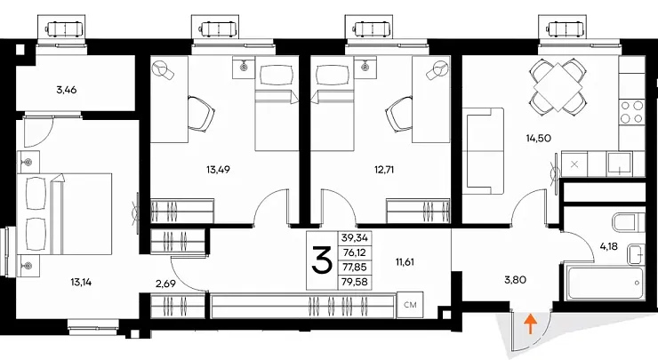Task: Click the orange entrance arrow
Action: point(531,324)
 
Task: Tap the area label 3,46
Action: point(67,90)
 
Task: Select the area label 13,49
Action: point(218,170)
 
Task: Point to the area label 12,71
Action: point(384,170)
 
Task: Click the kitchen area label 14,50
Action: point(538,138)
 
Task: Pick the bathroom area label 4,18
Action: point(608,246)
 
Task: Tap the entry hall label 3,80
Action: point(515,279)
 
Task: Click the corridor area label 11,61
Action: point(405,262)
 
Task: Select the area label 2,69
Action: point(165,284)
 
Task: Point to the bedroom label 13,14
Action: point(81,283)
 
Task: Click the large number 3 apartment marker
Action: point(322,260)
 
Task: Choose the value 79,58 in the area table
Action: point(354,282)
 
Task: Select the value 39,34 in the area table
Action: point(354,238)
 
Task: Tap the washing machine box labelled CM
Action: point(410,305)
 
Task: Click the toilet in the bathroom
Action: point(628,222)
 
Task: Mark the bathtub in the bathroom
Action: point(605,282)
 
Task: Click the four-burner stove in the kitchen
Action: point(632,112)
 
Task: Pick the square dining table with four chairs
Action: point(558,87)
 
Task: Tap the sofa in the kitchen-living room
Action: point(483,151)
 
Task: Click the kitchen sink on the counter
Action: point(620,164)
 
